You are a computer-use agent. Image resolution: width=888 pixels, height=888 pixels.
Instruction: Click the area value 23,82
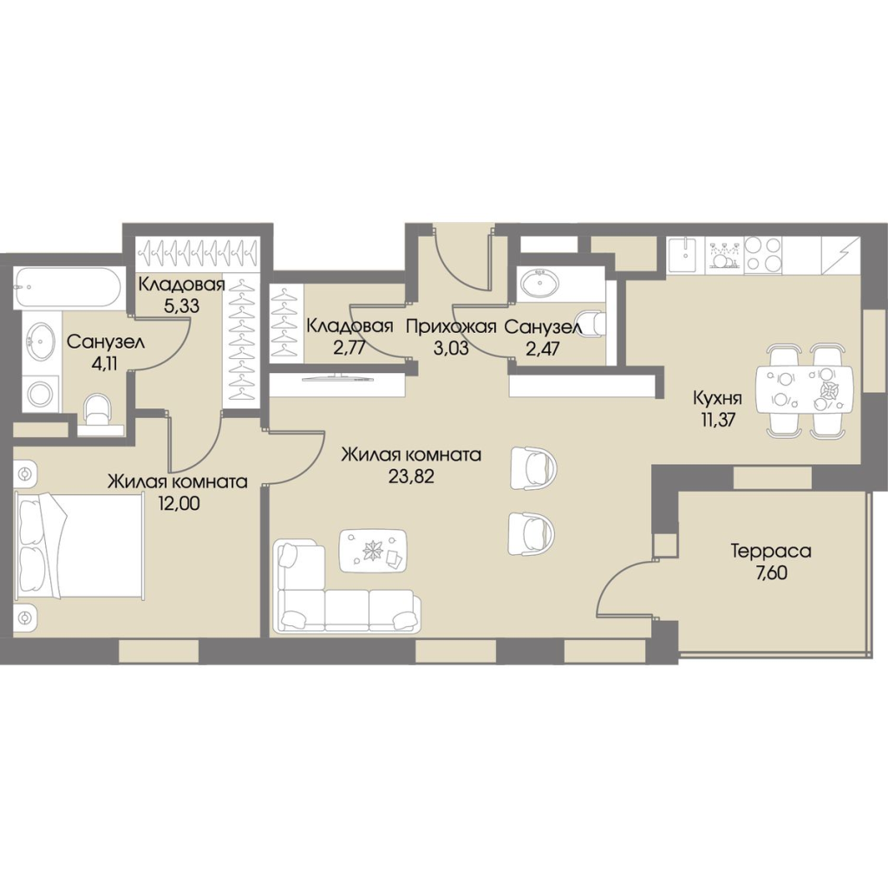[x=411, y=476]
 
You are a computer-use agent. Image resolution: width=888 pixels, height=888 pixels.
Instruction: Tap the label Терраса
[x=771, y=551]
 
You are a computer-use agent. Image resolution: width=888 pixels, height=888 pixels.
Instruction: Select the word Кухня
[x=717, y=399]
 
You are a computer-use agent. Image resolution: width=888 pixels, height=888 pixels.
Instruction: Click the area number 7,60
[x=771, y=574]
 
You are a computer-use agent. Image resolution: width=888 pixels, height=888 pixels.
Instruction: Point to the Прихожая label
[x=451, y=327]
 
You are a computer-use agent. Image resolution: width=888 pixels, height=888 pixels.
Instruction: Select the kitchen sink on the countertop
[x=686, y=254]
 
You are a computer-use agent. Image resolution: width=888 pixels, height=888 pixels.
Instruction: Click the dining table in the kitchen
[x=805, y=391]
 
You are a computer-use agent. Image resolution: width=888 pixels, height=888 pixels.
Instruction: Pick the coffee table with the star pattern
[x=373, y=551]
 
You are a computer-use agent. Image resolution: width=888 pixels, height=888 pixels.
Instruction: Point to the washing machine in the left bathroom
[x=40, y=393]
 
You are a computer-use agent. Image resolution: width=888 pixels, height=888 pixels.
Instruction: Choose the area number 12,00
[x=179, y=504]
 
